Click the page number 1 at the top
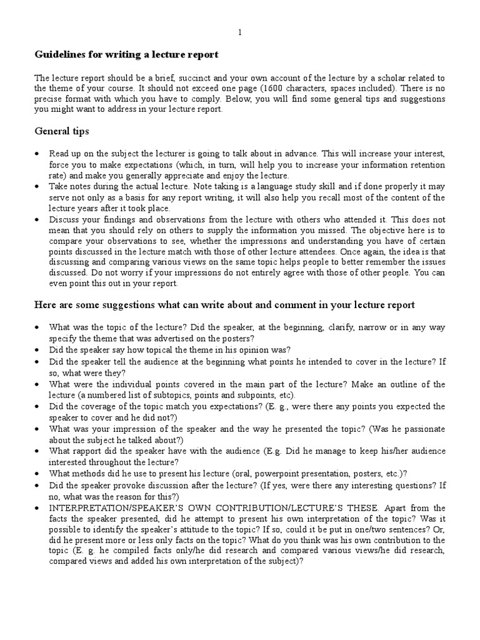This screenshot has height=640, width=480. [240, 32]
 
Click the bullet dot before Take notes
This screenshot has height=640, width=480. [38, 187]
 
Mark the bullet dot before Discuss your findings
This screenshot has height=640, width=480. [38, 220]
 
